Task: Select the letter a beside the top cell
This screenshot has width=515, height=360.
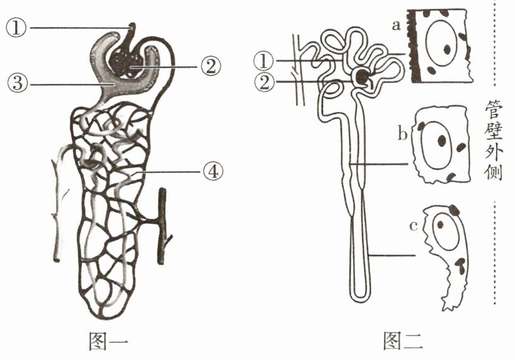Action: tap(396, 26)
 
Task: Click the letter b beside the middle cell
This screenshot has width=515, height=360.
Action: tap(401, 134)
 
